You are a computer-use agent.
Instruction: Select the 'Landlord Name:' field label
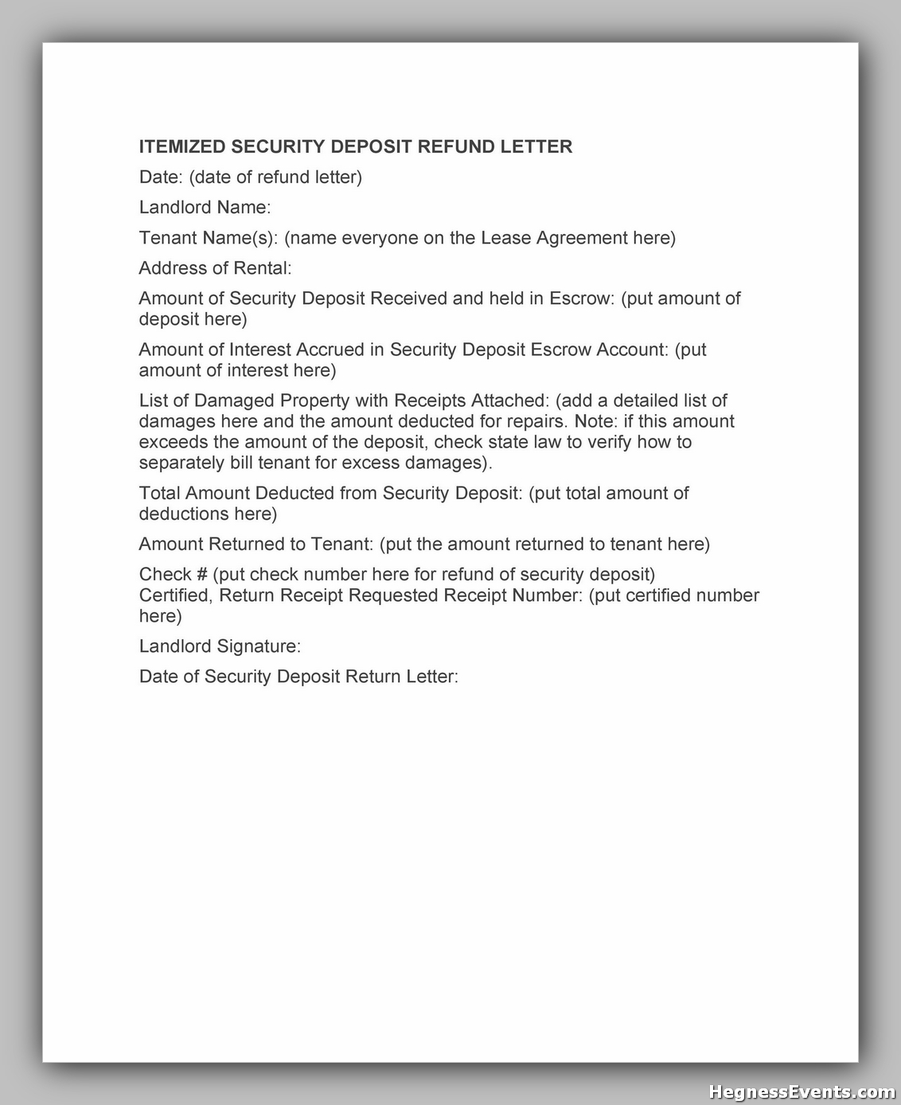coord(205,208)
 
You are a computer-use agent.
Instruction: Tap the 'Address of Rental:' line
coord(215,268)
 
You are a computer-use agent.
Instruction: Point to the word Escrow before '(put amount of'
coord(582,299)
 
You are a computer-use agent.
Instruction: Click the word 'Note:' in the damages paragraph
coord(595,421)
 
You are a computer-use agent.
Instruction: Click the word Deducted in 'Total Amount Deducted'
coord(297,493)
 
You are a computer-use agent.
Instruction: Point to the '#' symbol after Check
coord(201,574)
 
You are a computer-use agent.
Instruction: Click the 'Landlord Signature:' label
coord(220,646)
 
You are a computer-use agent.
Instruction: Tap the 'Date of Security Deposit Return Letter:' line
coord(298,677)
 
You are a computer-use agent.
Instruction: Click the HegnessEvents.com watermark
coord(802,1091)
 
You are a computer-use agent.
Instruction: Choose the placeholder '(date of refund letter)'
coord(275,177)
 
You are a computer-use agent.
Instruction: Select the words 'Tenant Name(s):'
coord(209,238)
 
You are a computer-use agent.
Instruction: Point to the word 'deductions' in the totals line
coord(182,514)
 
